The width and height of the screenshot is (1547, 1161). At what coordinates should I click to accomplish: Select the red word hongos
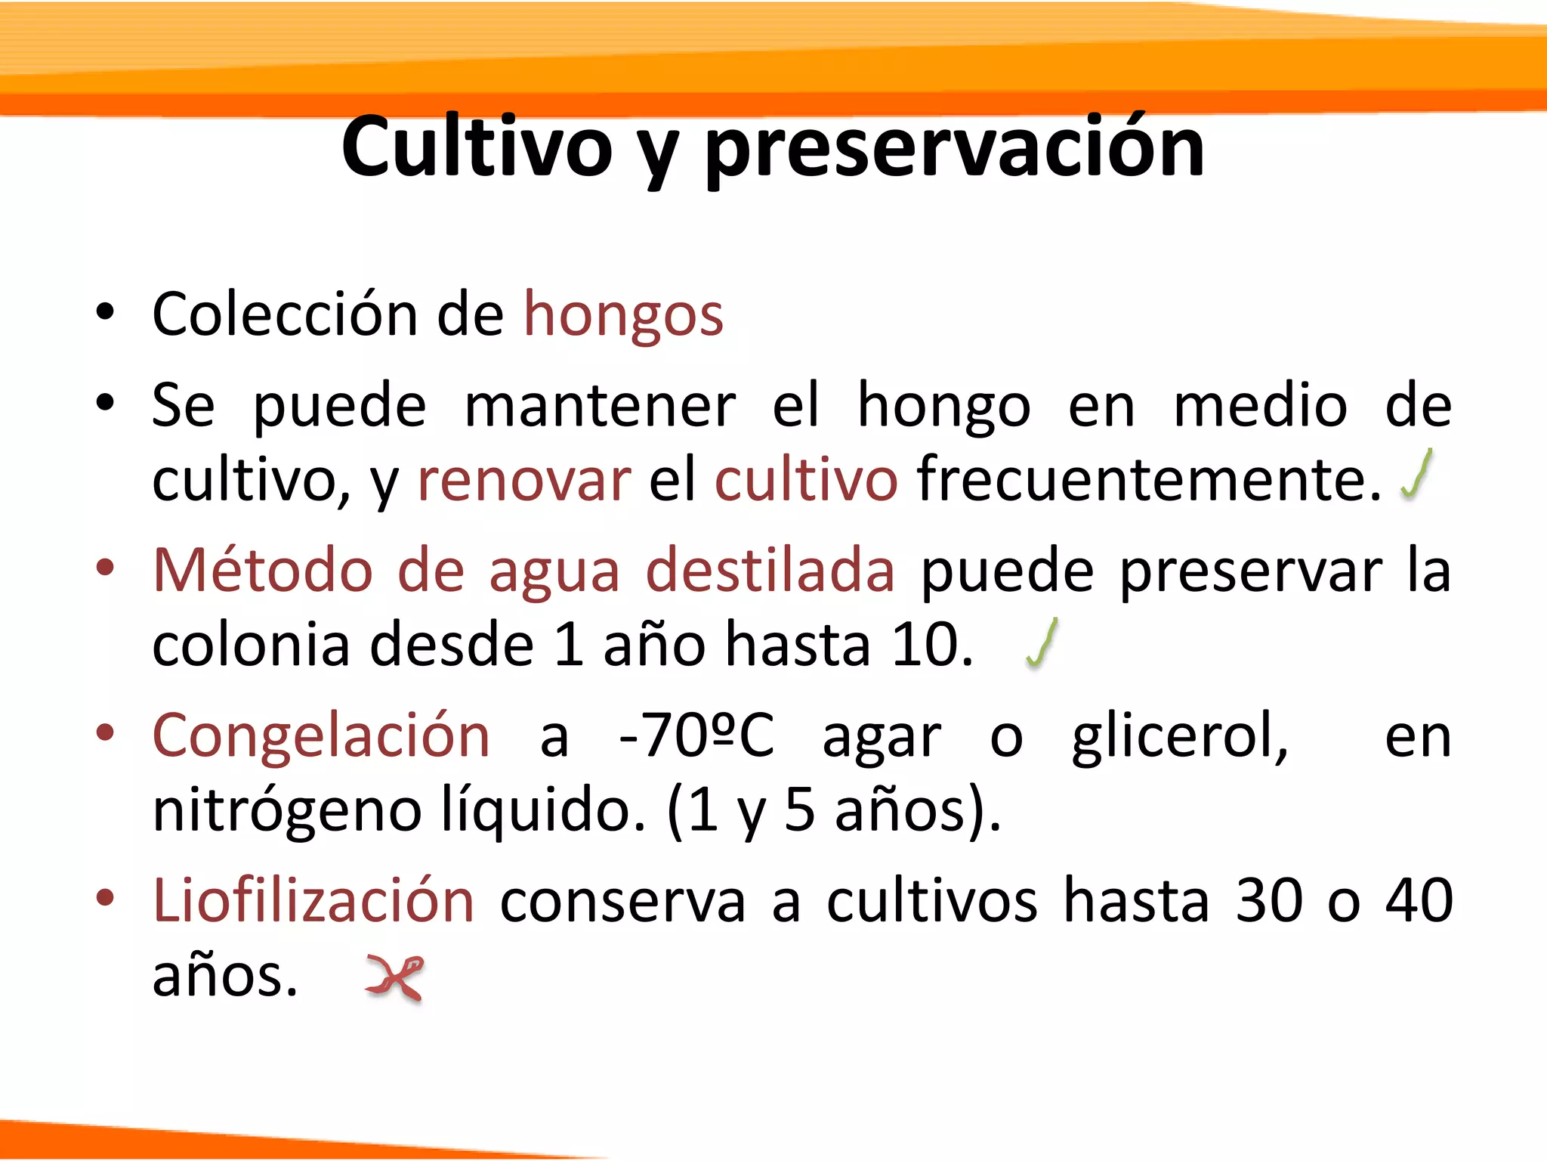(x=623, y=314)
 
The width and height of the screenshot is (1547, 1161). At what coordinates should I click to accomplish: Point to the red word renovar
(x=523, y=480)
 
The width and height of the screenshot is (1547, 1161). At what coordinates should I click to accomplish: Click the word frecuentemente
(x=1148, y=480)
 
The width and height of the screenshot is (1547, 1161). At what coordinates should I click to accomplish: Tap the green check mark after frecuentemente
(x=1417, y=475)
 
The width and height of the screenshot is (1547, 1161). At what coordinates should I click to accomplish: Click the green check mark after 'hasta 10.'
(x=1042, y=643)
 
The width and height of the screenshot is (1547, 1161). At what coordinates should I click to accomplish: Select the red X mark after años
(x=395, y=977)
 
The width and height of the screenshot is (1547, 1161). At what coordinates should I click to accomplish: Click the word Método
(x=263, y=570)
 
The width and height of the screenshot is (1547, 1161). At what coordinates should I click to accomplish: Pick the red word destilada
(x=770, y=570)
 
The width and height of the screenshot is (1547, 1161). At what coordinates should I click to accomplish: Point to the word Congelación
(x=322, y=735)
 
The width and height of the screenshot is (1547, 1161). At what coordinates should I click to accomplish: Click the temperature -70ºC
(x=696, y=735)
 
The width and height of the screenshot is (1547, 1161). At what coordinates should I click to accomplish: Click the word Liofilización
(x=313, y=900)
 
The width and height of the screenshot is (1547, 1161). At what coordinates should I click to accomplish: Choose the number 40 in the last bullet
(x=1419, y=900)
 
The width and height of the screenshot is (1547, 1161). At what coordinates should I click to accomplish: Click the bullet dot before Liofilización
(x=105, y=897)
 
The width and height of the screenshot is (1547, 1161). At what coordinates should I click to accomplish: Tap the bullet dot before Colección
(x=105, y=311)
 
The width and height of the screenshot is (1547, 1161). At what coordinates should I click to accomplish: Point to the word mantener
(x=600, y=406)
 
